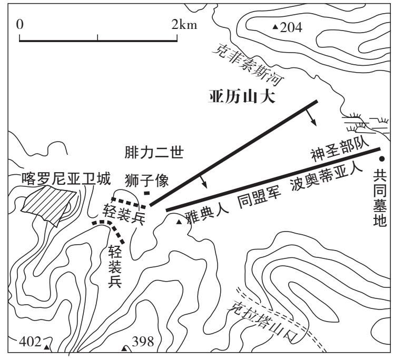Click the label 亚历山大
pos(242,97)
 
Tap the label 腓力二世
pos(154,153)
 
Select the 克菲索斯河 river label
pos(248,65)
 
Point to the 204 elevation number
pos(291,27)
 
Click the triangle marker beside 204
pos(276,26)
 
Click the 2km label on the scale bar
pos(184,25)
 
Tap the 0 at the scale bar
pos(20,25)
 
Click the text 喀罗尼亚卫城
pos(66,179)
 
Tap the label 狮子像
pos(146,181)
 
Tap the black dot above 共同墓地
pos(382,159)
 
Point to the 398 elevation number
pos(143,342)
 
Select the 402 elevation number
pos(30,342)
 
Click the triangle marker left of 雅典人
pos(179,222)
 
